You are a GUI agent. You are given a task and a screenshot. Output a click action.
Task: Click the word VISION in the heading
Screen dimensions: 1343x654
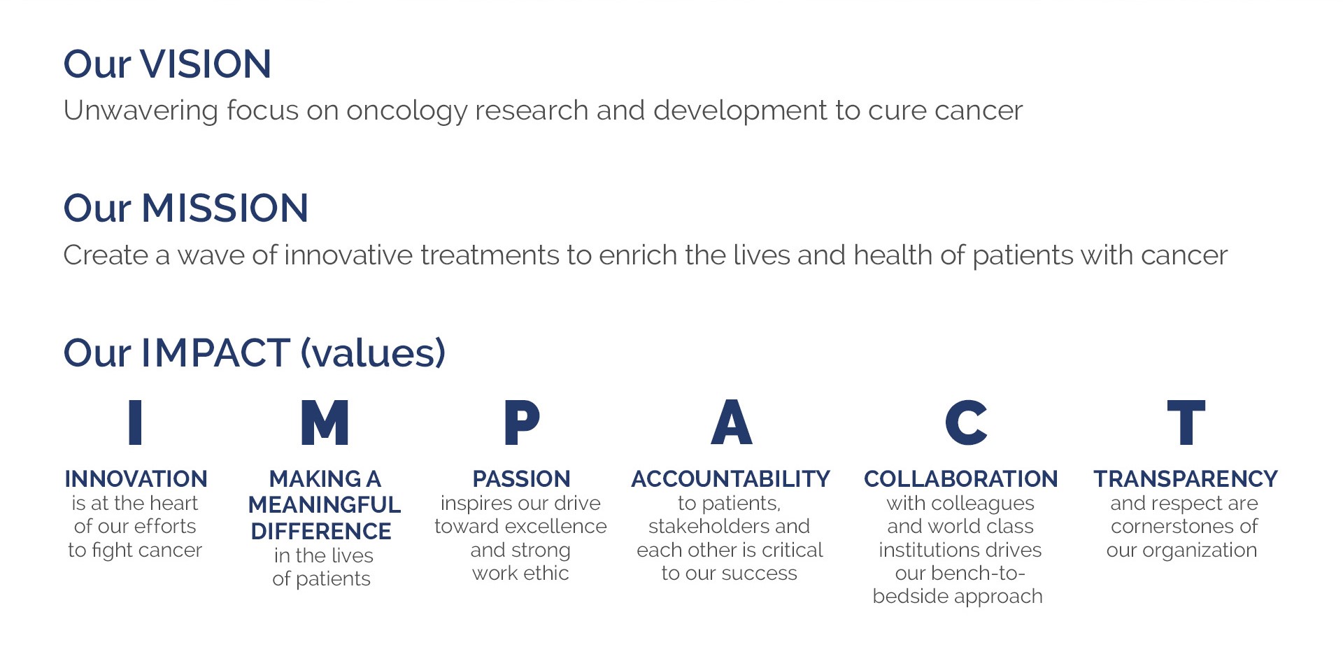point(206,64)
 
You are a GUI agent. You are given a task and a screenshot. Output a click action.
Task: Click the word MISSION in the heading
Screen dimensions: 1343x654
point(225,208)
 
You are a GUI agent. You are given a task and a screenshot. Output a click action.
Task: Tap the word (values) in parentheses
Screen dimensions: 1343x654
point(373,353)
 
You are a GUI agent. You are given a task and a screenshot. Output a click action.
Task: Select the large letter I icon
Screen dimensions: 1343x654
point(136,422)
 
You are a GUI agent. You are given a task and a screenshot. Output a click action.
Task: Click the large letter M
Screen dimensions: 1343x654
point(325,422)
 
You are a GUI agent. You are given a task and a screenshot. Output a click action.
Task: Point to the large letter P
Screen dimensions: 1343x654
point(522,422)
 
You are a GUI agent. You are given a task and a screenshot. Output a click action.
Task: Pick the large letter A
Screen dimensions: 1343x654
point(732,422)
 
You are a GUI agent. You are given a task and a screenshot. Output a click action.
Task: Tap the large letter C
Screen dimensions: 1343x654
point(966,422)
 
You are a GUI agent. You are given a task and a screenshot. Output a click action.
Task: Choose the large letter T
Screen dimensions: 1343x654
point(1186,422)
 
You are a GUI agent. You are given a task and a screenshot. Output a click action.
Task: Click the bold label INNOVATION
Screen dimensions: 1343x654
point(136,479)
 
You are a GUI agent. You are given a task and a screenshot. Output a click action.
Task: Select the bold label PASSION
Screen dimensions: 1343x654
point(522,479)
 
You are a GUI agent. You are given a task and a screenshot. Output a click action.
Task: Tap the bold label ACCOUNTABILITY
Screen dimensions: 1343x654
point(730,479)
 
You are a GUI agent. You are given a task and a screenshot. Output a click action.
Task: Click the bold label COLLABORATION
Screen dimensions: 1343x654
point(960,479)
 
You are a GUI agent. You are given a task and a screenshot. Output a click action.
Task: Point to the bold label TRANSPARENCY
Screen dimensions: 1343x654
point(1186,479)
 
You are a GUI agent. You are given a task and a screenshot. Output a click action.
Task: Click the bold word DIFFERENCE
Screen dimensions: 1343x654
point(321,532)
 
